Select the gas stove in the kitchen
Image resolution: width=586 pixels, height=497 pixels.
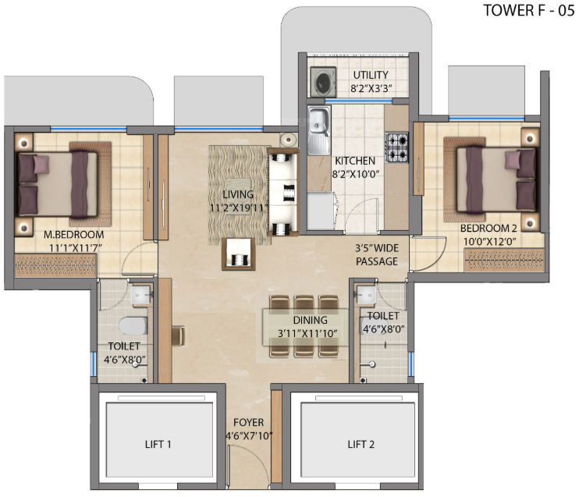[x=396, y=144]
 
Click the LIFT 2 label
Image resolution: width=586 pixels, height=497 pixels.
[x=360, y=445]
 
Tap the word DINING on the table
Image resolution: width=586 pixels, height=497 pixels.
[x=311, y=320]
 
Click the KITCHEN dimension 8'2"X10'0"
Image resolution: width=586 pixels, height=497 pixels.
[x=356, y=175]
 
